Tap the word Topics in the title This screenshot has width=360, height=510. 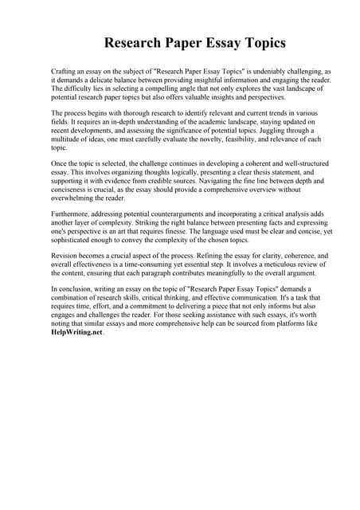(260, 42)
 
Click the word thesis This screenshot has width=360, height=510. (249, 171)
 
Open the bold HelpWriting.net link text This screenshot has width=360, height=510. (76, 333)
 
